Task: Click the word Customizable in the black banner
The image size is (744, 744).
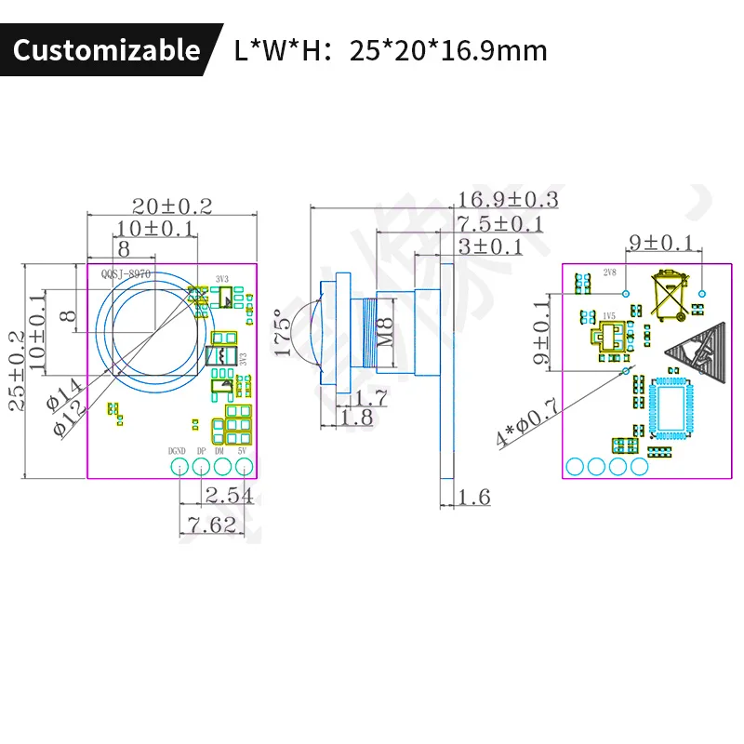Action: point(106,49)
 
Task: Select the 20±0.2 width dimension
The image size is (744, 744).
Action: point(172,206)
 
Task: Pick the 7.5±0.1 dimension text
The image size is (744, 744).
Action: point(500,224)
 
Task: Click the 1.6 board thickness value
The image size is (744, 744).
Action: point(473,498)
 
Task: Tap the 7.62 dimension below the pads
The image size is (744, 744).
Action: point(210,525)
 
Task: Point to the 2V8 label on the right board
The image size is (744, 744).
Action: point(610,272)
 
